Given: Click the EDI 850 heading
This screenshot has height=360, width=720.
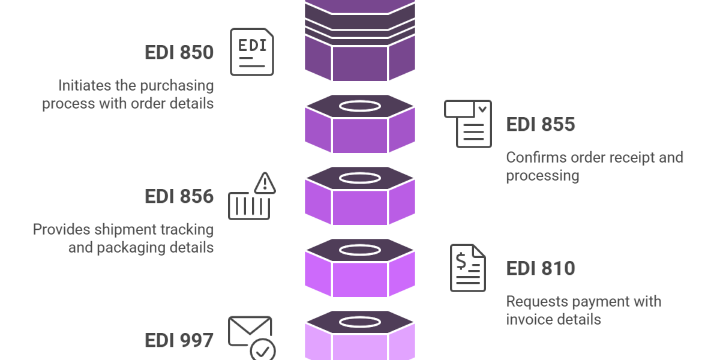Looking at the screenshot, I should click(179, 53).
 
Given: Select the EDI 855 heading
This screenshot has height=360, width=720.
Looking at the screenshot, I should click(541, 125).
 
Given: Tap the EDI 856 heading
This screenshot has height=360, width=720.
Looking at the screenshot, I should click(179, 197).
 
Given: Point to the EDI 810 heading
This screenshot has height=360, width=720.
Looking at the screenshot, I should click(541, 269).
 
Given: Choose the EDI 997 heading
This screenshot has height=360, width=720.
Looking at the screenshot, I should click(179, 341).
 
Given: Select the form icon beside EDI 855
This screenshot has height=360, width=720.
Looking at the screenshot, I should click(468, 124).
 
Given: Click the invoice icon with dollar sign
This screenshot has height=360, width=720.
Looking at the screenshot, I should click(468, 268).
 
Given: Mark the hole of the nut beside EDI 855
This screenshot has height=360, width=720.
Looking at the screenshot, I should click(360, 106).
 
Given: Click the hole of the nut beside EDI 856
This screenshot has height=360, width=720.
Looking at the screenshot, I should click(360, 178).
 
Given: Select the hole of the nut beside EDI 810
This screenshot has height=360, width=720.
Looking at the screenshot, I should click(360, 250).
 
